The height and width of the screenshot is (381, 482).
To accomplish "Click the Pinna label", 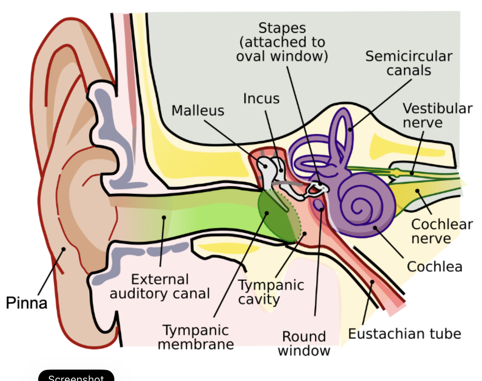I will [26, 303].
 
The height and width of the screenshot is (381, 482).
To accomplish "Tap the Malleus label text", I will [198, 110].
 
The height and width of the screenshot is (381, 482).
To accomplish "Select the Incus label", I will [261, 98].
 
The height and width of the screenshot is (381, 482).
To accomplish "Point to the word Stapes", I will [282, 28].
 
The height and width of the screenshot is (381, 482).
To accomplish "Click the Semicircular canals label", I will [409, 63].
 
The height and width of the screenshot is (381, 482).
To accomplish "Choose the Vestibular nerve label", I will [437, 115].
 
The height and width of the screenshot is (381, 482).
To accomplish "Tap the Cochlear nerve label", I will [442, 231].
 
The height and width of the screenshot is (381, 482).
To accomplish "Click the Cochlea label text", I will [434, 266].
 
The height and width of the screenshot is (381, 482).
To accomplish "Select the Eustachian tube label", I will [404, 334].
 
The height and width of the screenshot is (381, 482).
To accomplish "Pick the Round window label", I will [304, 343].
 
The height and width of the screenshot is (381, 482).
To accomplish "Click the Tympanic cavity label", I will [271, 292].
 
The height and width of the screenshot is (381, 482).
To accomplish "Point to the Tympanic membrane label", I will [196, 337].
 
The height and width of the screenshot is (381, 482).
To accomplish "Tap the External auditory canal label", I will [160, 286].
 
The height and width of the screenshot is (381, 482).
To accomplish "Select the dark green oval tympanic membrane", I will [276, 216].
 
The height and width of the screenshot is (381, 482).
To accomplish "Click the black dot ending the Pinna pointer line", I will [64, 249].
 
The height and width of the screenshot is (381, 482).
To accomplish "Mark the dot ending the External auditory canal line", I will [164, 218].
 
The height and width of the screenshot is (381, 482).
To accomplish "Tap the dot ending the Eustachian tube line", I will [372, 282].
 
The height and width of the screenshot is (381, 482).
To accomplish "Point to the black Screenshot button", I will [76, 376].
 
